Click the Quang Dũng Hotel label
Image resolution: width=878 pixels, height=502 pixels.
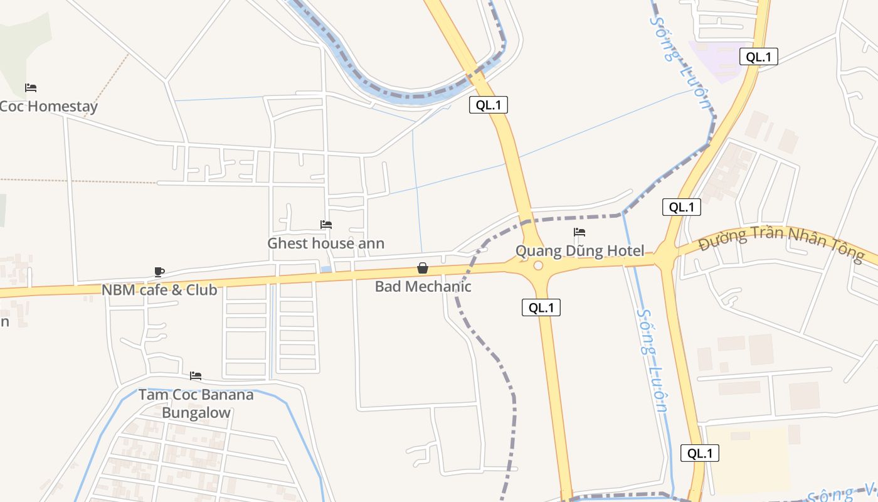[579, 251]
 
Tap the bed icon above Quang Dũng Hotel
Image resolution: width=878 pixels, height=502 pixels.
[579, 232]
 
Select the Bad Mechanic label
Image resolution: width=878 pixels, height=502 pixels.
[423, 287]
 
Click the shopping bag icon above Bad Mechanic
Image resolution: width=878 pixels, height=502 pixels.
[423, 269]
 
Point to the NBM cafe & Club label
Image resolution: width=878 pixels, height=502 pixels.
[159, 290]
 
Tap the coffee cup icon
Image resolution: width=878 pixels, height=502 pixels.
[159, 272]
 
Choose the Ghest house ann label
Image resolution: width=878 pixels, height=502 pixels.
[326, 243]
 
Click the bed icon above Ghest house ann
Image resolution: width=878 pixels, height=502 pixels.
[326, 225]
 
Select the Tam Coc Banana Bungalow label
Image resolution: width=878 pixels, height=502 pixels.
[196, 403]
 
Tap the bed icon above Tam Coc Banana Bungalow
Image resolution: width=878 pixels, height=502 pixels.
[196, 376]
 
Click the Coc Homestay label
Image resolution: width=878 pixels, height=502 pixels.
[48, 107]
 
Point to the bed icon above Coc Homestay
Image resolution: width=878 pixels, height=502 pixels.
[31, 87]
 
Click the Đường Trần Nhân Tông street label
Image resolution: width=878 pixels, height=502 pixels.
[781, 244]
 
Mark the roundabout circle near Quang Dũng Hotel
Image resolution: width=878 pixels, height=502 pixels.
[537, 265]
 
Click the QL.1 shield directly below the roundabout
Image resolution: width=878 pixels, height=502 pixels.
[541, 307]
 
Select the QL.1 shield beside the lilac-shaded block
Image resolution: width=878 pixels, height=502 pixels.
[758, 56]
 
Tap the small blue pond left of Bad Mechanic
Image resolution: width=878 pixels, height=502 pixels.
[326, 269]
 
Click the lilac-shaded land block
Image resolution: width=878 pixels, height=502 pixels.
[718, 60]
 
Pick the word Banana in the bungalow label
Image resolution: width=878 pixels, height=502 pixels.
[196, 395]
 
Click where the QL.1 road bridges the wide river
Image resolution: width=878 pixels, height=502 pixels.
[477, 80]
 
